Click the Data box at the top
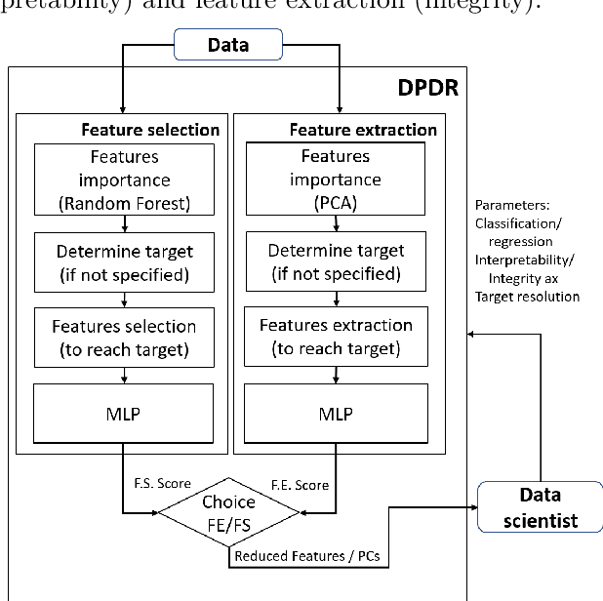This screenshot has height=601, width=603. point(227,44)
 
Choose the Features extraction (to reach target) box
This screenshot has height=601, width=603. point(335,338)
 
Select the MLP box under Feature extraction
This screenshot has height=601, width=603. point(335,414)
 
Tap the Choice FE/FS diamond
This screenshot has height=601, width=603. point(227,512)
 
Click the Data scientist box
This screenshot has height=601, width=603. point(540,507)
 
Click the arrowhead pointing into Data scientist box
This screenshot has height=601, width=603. point(473,507)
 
